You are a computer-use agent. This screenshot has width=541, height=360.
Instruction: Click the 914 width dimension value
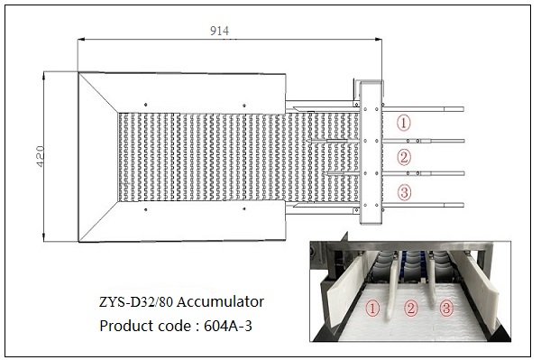(x=219, y=31)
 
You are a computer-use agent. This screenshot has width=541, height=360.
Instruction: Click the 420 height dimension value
(x=41, y=156)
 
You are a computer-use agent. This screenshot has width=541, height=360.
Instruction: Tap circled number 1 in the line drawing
(x=404, y=123)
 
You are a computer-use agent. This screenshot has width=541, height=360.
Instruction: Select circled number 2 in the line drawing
(x=404, y=157)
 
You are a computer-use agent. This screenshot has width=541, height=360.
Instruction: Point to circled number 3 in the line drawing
(x=404, y=192)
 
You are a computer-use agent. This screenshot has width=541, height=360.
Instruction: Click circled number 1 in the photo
(x=372, y=309)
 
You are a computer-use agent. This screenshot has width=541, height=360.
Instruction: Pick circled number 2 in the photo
(x=410, y=308)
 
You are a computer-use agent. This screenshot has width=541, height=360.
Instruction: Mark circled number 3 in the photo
(x=446, y=308)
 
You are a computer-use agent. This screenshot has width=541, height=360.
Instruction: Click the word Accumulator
(x=221, y=301)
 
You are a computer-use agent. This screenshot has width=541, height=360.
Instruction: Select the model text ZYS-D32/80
(x=136, y=302)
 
